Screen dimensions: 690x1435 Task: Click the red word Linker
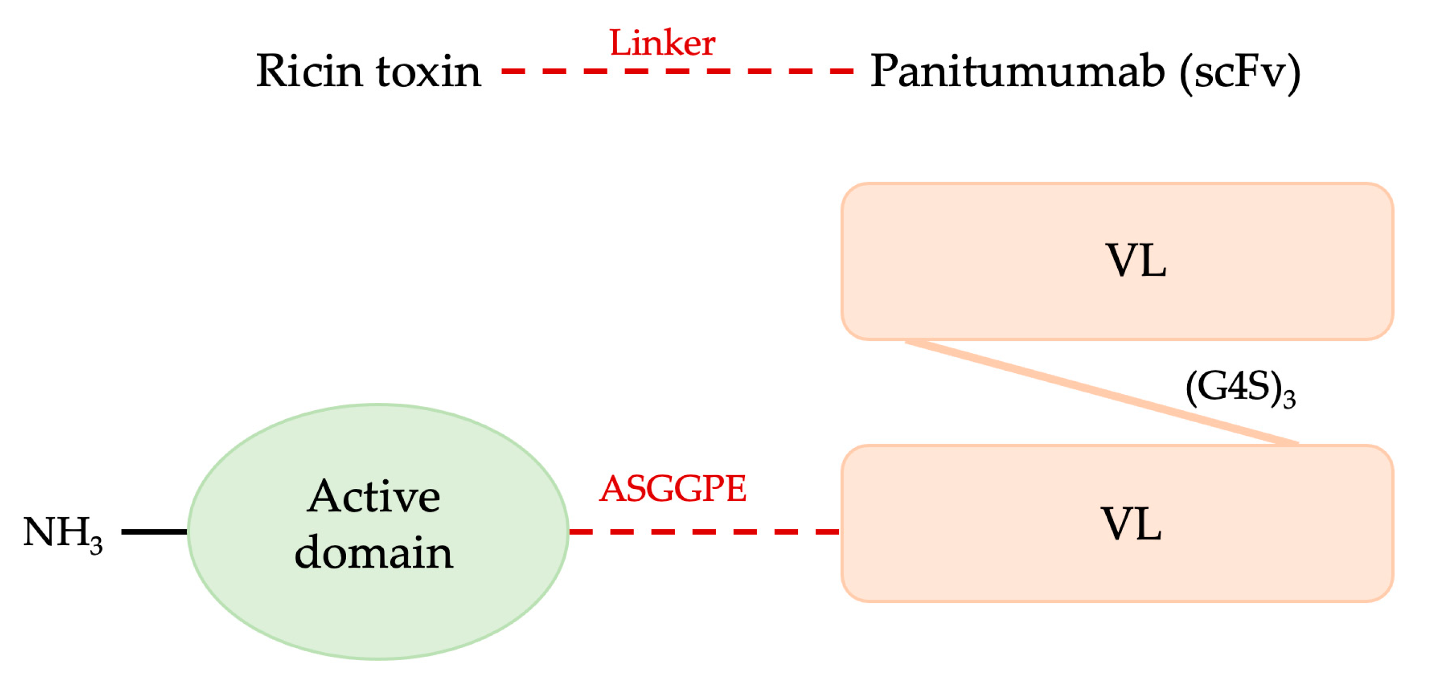click(x=662, y=44)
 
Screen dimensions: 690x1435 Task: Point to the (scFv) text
click(x=1240, y=72)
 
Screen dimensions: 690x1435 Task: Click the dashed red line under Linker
click(x=677, y=71)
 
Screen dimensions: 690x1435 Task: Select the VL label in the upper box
click(x=1135, y=261)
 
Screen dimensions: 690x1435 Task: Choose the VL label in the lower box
click(x=1131, y=524)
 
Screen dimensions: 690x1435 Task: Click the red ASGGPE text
click(x=673, y=489)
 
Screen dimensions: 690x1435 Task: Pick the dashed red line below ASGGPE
click(x=704, y=532)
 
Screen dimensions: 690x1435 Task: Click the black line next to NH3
click(x=154, y=532)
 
